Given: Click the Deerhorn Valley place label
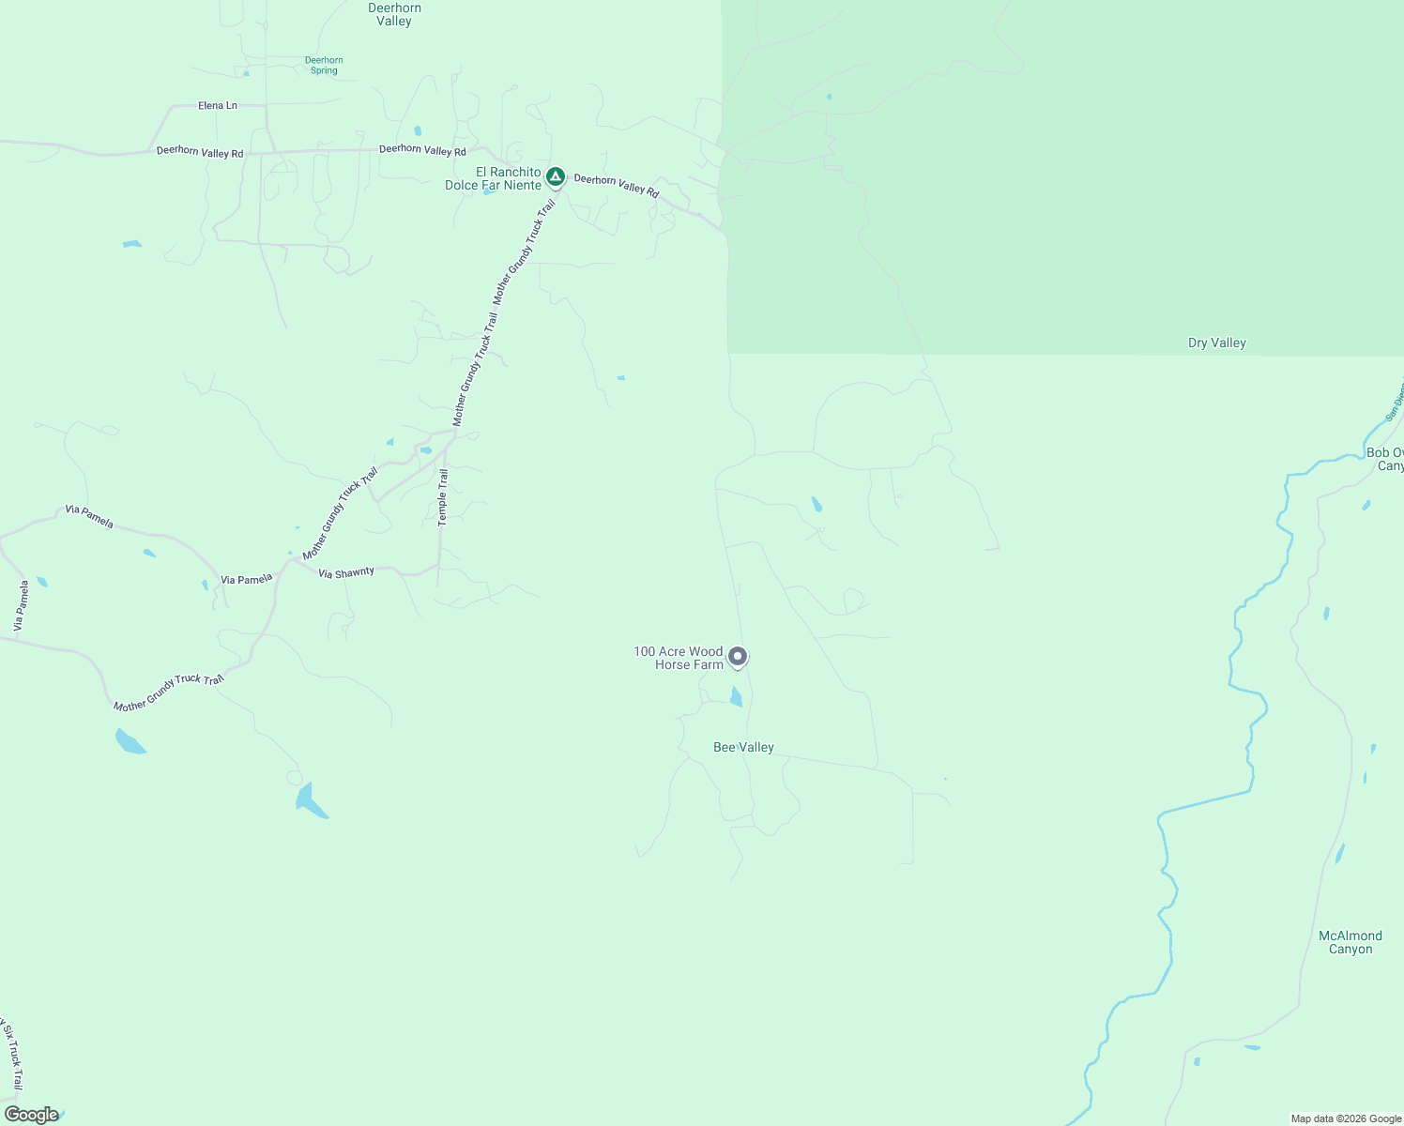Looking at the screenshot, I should (394, 14).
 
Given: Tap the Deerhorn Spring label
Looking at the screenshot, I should (324, 65).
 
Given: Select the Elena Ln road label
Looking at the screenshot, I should (218, 106).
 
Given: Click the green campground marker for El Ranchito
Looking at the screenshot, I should (556, 176).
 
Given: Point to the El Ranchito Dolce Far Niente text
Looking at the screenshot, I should (494, 178).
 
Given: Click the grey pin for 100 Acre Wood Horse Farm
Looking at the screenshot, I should (739, 657).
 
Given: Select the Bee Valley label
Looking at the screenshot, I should (743, 748).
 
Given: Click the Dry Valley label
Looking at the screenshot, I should (1216, 343).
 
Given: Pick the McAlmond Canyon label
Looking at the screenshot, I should (1350, 942).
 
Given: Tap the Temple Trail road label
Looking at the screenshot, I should (443, 497).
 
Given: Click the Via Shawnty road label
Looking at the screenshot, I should (346, 572).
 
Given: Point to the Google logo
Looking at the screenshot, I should (32, 1115).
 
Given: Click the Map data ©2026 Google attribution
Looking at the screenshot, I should (1346, 1118).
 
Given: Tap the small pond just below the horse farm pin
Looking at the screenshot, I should (736, 696).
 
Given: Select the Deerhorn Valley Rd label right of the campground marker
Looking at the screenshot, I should (617, 185).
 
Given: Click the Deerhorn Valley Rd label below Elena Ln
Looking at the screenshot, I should (200, 152).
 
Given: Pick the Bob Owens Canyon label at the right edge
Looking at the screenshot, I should (1385, 459).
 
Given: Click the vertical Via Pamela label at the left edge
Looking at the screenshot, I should (21, 605).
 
